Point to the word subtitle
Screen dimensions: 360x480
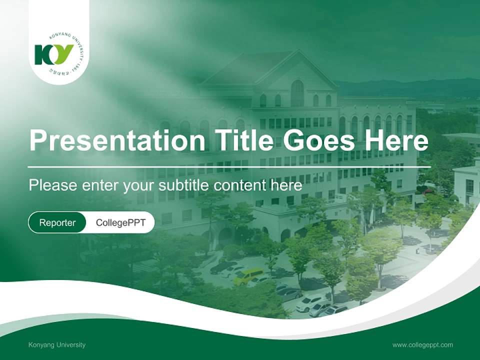coord(184,185)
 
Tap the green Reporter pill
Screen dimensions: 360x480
coord(57,223)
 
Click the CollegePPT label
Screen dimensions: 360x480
coord(120,223)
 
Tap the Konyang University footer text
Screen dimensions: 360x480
coord(57,345)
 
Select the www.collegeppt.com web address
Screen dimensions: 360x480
coord(422,345)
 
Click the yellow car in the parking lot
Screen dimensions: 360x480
coord(248,275)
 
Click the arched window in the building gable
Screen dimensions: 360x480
coord(297,93)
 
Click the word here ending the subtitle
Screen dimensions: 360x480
coord(286,185)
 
